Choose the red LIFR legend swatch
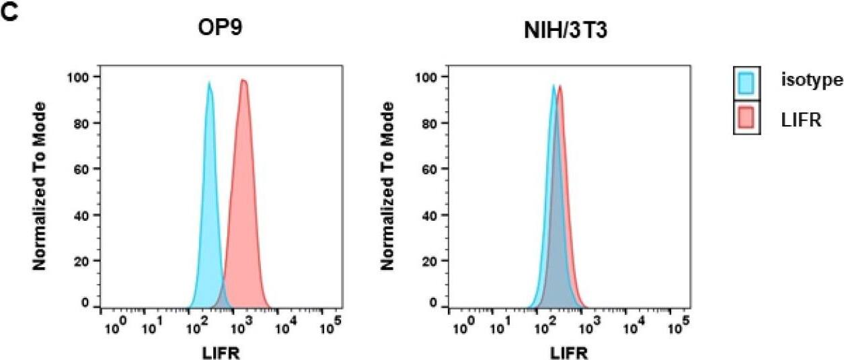(746, 120)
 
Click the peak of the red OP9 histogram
(243, 81)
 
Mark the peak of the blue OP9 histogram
(209, 83)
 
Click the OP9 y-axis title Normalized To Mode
(40, 186)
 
